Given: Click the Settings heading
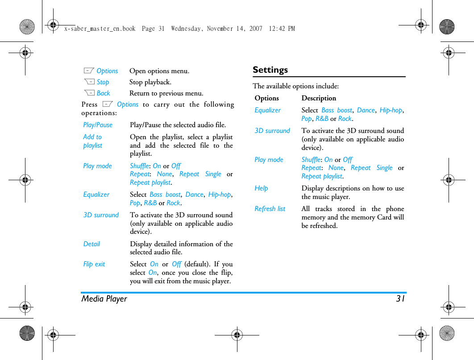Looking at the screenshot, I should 270,70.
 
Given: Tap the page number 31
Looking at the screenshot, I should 400,299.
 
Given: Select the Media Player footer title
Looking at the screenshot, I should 104,299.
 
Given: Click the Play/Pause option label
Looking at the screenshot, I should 98,125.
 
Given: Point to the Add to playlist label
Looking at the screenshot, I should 92,141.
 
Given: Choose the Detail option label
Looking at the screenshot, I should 91,244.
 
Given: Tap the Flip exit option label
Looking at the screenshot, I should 94,264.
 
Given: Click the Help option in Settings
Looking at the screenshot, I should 261,188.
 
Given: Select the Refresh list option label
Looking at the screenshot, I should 270,209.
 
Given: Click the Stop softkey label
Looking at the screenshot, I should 103,82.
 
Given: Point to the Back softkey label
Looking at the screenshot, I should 103,93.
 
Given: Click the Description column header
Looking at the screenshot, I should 319,98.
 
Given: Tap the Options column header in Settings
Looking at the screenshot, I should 266,98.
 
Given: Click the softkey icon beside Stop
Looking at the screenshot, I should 89,82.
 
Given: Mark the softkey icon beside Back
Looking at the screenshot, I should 89,93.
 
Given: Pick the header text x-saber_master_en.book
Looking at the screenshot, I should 100,29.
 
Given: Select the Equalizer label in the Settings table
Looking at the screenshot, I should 267,110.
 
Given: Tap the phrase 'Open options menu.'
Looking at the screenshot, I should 159,71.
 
